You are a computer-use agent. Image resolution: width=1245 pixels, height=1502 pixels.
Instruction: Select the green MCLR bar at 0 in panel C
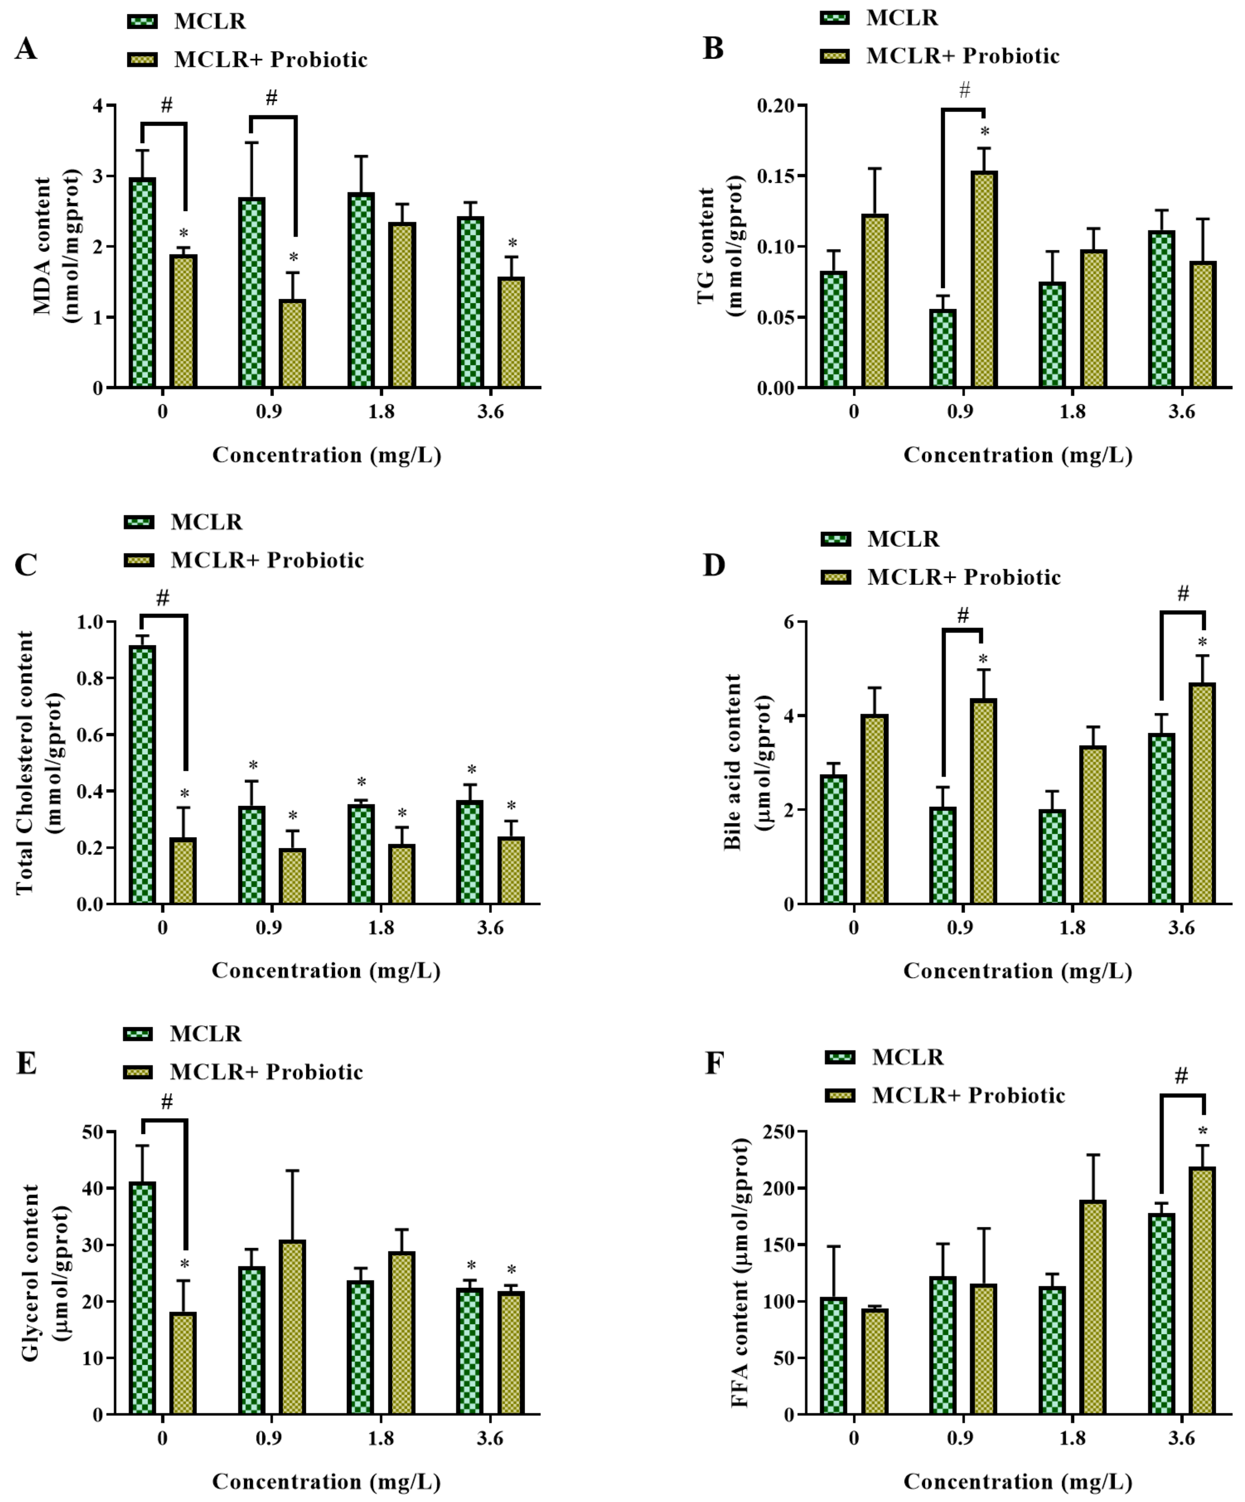tap(142, 775)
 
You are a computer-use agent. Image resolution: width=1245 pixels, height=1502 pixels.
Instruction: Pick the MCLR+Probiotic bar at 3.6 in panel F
tap(1202, 1292)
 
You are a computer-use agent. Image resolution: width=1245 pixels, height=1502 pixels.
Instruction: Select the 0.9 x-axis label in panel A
tap(269, 412)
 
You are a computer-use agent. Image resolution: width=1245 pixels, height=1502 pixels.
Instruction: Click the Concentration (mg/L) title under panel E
tap(326, 1481)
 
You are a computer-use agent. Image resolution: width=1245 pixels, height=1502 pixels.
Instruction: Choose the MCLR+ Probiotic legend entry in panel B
tap(962, 56)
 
